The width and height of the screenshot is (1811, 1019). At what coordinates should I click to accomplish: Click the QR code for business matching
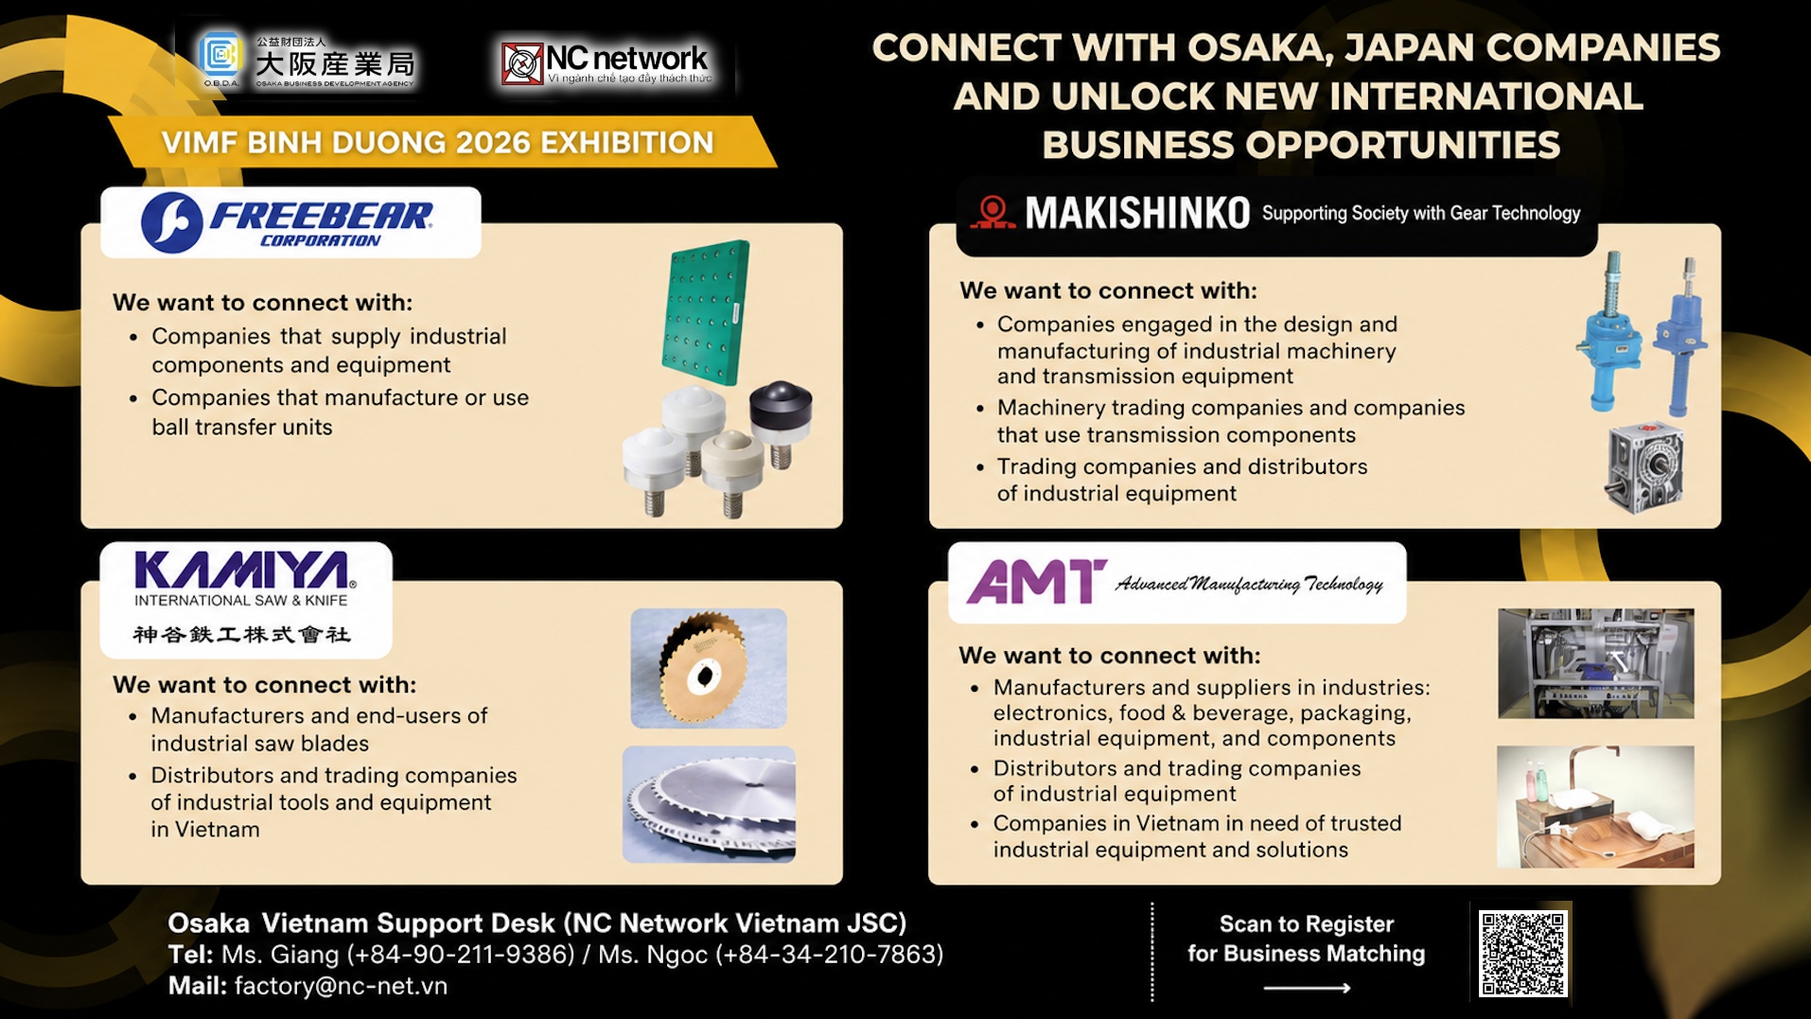point(1521,953)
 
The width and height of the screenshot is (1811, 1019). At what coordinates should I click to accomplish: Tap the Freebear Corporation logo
point(288,222)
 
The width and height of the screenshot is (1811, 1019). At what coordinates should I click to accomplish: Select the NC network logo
point(607,63)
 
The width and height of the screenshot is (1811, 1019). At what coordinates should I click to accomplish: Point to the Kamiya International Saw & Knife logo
point(244,598)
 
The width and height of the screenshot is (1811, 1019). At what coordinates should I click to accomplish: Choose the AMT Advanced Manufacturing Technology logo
point(1175,581)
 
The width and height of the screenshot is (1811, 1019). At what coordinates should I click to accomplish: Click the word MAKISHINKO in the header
point(1137,214)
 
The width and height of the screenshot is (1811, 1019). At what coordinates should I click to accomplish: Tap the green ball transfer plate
point(706,312)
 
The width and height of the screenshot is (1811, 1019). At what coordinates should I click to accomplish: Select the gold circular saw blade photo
point(709,668)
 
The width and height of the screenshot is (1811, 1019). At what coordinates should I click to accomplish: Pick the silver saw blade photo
point(709,804)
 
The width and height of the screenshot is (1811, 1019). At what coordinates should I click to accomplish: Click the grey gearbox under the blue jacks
point(1644,467)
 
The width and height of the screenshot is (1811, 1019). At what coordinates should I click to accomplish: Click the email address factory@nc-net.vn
point(341,986)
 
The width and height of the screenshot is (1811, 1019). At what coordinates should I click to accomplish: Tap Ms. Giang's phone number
point(461,955)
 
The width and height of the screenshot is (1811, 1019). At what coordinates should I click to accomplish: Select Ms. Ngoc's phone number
point(829,955)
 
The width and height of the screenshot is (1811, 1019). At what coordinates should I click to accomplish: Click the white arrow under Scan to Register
point(1307,988)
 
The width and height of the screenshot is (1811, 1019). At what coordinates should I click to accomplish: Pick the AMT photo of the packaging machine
point(1595,663)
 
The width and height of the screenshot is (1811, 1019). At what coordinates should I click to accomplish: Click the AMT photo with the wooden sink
point(1595,806)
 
